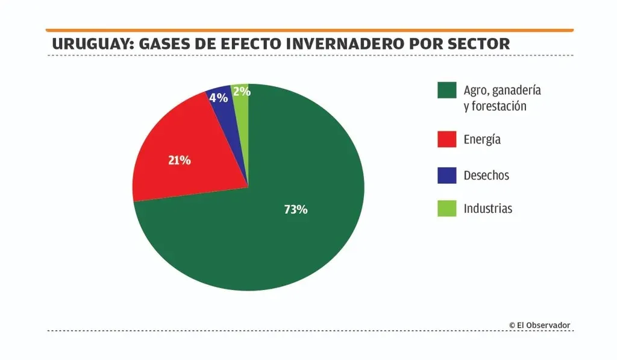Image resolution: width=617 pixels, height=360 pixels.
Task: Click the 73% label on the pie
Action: tap(296, 210)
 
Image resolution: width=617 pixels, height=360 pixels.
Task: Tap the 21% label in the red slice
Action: tap(179, 160)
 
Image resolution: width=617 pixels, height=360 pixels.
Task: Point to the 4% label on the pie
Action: tap(218, 97)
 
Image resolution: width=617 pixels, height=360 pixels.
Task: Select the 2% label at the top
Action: tap(241, 92)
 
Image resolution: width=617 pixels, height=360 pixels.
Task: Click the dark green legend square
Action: tap(446, 90)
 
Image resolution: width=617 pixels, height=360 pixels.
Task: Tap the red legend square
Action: tap(446, 139)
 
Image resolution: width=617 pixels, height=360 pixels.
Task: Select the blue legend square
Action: tap(446, 175)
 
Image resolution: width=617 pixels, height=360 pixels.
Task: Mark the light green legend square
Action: tap(446, 209)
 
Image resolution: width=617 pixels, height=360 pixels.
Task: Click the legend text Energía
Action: tap(482, 140)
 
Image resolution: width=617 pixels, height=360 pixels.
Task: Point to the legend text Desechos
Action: tap(486, 175)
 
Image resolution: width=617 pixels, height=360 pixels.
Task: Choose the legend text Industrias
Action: tap(488, 209)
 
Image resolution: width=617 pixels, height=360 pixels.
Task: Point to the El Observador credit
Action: tap(539, 325)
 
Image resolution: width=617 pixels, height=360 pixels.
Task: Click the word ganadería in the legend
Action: tap(516, 90)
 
